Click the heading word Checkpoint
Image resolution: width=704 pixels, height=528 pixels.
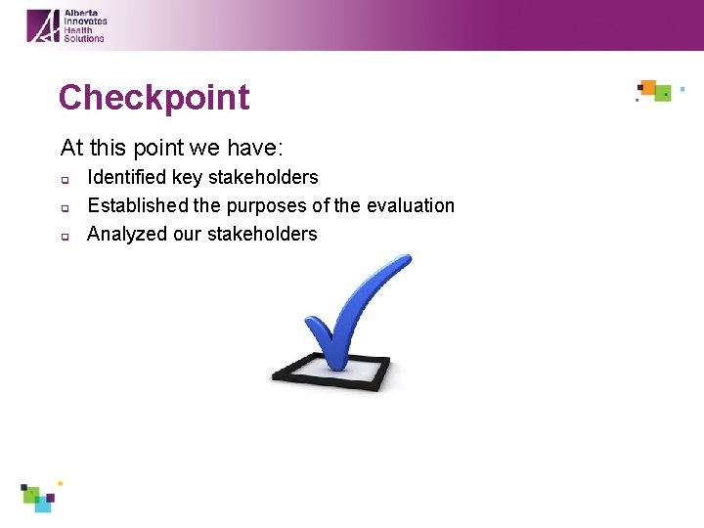pos(154,98)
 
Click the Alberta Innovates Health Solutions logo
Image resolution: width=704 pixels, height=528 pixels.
pos(66,25)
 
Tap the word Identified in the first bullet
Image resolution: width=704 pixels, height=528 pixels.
pos(127,177)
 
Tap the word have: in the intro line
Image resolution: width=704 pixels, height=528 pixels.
pos(253,148)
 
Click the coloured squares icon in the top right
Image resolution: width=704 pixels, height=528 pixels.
pos(655,91)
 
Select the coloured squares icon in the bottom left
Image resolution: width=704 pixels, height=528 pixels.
pos(39,497)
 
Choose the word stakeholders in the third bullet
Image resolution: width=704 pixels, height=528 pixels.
pos(262,234)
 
